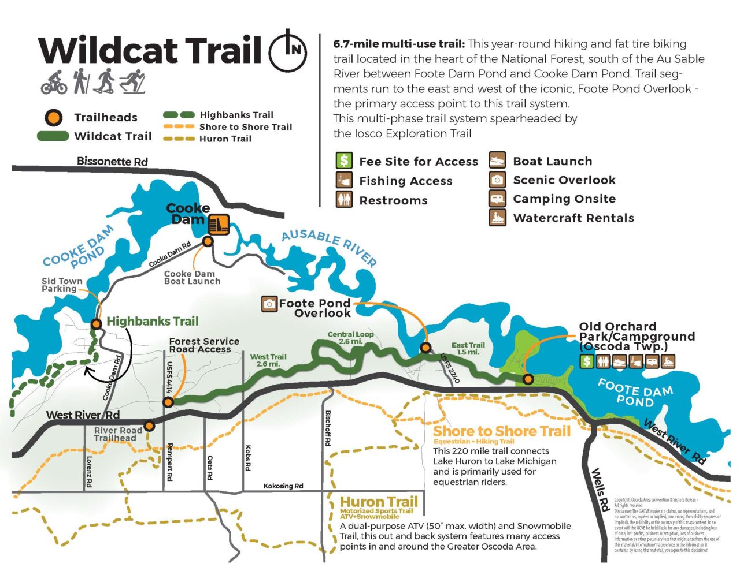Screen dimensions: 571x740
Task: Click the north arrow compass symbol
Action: click(x=288, y=50)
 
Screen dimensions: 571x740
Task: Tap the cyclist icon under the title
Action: click(x=54, y=82)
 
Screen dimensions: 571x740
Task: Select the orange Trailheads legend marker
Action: click(x=54, y=117)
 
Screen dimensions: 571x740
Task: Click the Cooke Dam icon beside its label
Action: click(x=219, y=224)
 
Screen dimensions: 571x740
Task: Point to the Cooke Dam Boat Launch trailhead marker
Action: click(x=208, y=241)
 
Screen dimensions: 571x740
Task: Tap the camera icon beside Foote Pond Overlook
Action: click(x=269, y=303)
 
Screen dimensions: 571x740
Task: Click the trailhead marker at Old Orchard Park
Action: click(x=528, y=379)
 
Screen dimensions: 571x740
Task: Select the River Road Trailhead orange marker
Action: click(x=149, y=426)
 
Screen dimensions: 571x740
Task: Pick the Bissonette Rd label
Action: click(x=112, y=161)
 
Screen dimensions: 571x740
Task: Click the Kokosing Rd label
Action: click(x=283, y=486)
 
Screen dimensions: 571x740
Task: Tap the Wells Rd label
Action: click(x=601, y=490)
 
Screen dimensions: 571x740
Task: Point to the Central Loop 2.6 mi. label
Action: click(x=350, y=338)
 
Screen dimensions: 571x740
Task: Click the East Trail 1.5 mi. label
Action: click(x=468, y=348)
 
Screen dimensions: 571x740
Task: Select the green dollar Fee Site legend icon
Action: click(x=344, y=161)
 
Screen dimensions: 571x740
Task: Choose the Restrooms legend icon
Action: click(x=344, y=200)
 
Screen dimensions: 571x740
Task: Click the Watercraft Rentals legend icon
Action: click(x=497, y=218)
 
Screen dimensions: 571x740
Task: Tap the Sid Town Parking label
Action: click(x=62, y=285)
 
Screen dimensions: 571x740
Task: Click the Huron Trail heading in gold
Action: click(x=379, y=501)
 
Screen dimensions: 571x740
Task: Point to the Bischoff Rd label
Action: click(x=328, y=428)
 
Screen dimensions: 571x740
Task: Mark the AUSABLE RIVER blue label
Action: click(x=328, y=248)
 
